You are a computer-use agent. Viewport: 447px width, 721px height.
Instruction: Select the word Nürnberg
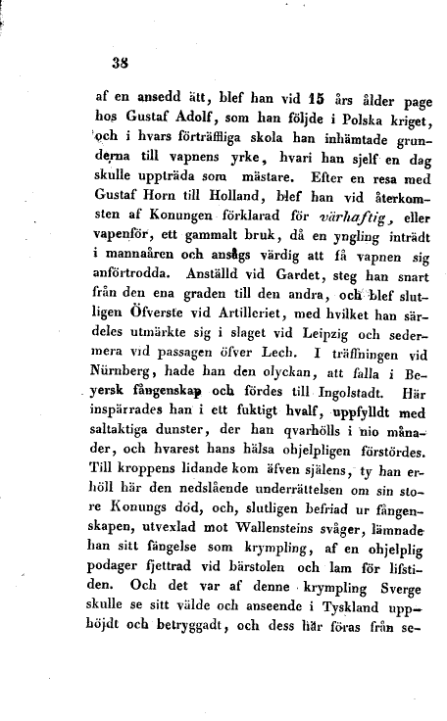point(127,400)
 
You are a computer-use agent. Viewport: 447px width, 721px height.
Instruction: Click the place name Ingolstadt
point(308,421)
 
